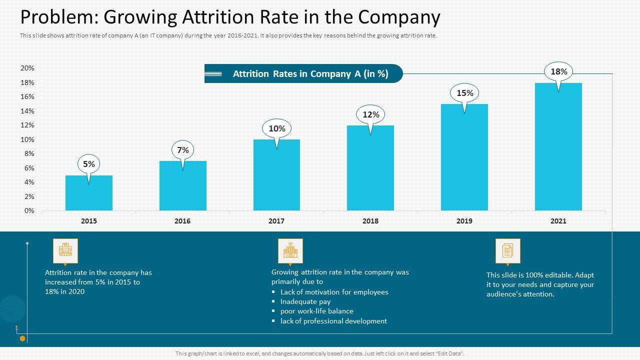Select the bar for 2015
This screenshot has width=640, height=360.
coord(89,193)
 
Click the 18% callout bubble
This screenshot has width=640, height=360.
coord(558,72)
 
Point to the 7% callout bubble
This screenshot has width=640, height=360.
coord(183,150)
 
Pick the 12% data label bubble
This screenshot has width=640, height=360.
coord(370,114)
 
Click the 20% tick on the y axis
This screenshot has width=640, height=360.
coord(27,68)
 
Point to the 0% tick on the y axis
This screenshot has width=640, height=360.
coord(29,210)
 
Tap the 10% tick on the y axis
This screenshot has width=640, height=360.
coord(27,139)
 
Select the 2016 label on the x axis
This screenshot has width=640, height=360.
coord(182,221)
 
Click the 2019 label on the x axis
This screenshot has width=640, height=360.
coord(464,221)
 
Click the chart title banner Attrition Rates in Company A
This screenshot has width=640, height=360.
coord(310,73)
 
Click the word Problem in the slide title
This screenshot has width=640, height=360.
coord(58,17)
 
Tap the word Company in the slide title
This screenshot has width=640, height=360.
coord(400,17)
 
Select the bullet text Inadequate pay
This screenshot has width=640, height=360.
coord(305,301)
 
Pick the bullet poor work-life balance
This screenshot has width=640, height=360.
coord(316,311)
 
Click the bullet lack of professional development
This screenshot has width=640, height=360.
coord(333,321)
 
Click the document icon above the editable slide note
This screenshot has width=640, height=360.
coord(507,250)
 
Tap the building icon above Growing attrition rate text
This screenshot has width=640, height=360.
coord(290,250)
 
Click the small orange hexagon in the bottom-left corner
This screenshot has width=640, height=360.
coord(22,338)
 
